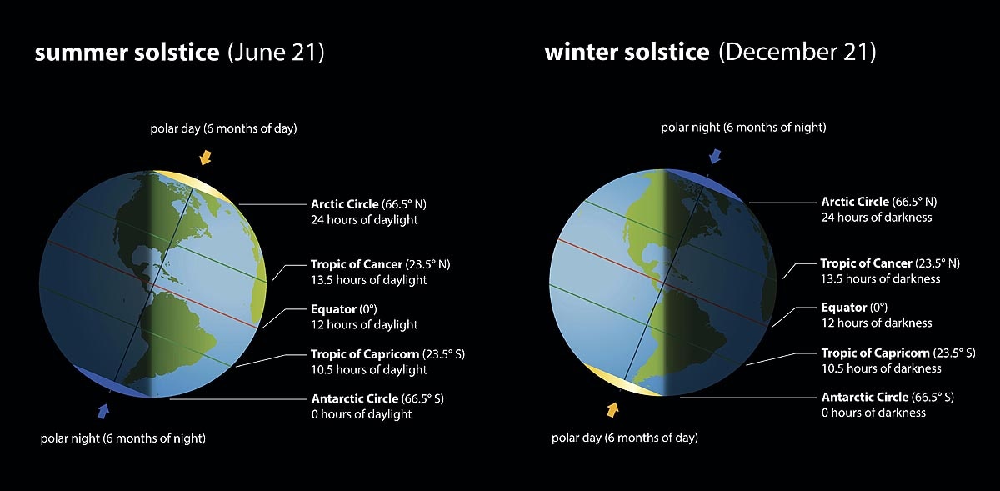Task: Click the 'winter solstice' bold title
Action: tap(626, 53)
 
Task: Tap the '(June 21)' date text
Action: tap(276, 53)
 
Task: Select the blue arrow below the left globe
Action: tap(103, 410)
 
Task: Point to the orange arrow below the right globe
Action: tap(613, 409)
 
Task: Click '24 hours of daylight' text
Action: tap(364, 220)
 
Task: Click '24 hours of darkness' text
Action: tap(876, 217)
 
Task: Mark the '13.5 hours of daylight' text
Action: tap(368, 280)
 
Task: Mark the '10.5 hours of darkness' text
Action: tap(881, 368)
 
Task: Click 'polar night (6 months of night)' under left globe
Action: tap(123, 438)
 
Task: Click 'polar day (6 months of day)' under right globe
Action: tap(625, 438)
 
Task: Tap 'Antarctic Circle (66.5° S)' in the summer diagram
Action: tap(377, 398)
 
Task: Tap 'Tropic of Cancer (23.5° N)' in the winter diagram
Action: tap(890, 263)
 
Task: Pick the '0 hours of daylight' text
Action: tap(362, 414)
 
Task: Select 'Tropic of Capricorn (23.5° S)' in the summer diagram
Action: tap(387, 354)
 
